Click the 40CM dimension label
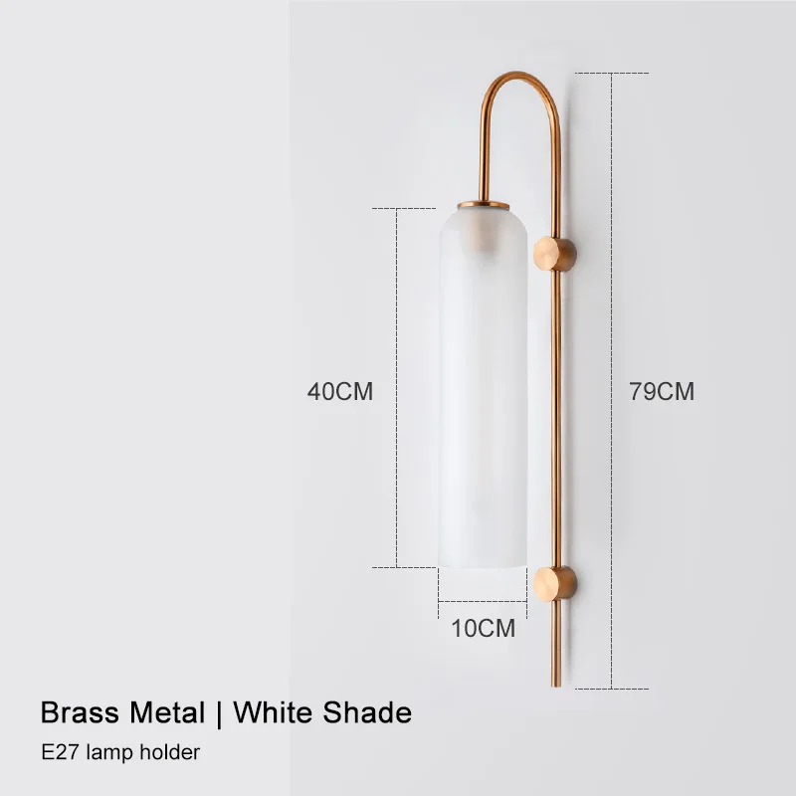click(x=339, y=392)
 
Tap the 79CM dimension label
click(x=662, y=392)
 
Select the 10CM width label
click(x=483, y=629)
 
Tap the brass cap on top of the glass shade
click(x=483, y=205)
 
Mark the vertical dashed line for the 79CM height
click(x=611, y=249)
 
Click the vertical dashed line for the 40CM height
click(x=398, y=298)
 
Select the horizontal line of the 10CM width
click(x=483, y=602)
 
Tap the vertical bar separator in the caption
click(x=218, y=712)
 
